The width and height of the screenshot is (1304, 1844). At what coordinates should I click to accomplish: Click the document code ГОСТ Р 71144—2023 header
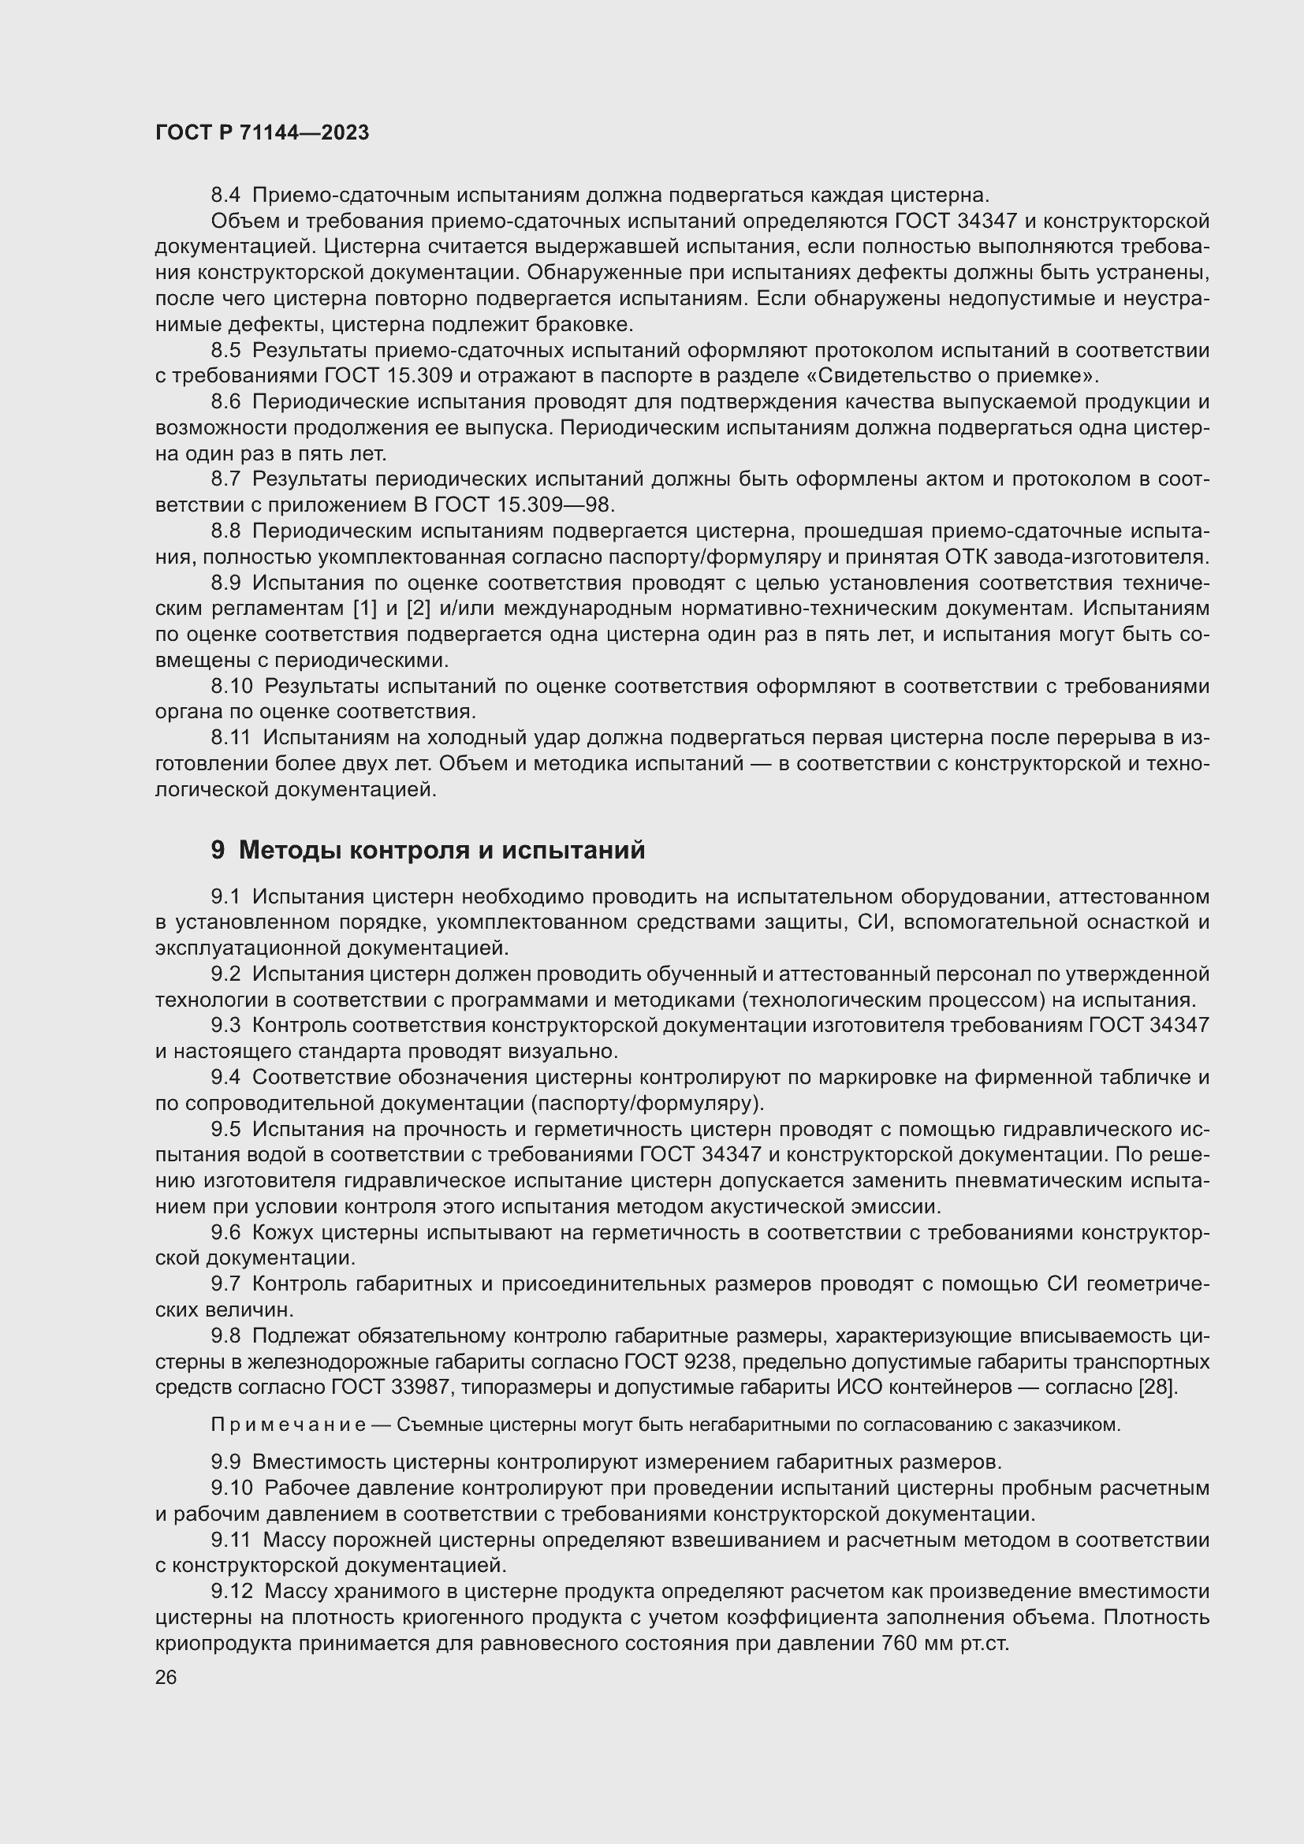pyautogui.click(x=262, y=133)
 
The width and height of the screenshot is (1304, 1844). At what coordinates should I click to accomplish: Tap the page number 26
pyautogui.click(x=166, y=1677)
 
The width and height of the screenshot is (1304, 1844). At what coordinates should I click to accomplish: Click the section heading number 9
pyautogui.click(x=218, y=850)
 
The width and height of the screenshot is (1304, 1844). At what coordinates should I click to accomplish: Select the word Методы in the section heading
pyautogui.click(x=289, y=850)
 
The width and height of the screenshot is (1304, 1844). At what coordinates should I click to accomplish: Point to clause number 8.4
pyautogui.click(x=225, y=196)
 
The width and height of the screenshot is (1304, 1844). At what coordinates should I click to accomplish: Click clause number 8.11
pyautogui.click(x=230, y=737)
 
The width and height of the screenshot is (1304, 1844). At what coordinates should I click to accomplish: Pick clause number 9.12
pyautogui.click(x=232, y=1591)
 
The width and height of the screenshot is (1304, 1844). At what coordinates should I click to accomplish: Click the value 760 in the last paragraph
pyautogui.click(x=900, y=1642)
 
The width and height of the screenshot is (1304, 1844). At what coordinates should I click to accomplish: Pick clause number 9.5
pyautogui.click(x=225, y=1129)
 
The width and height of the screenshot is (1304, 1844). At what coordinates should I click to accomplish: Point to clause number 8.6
pyautogui.click(x=225, y=401)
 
